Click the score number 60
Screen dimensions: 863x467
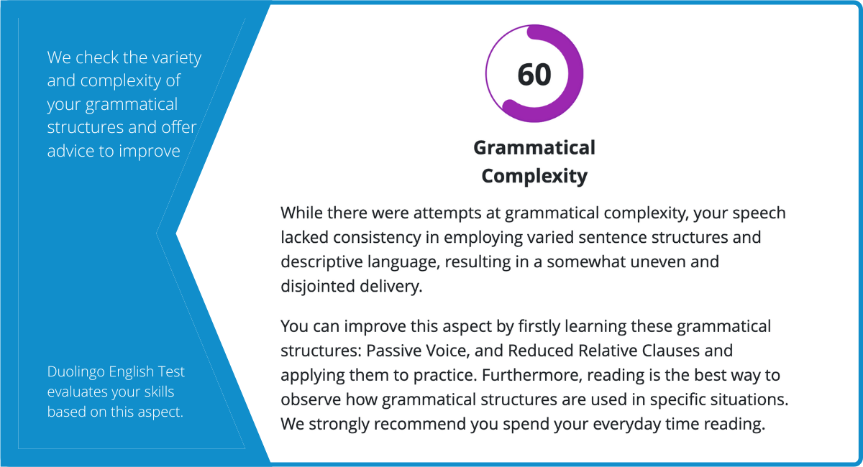pyautogui.click(x=534, y=74)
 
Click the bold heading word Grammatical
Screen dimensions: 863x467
pyautogui.click(x=534, y=148)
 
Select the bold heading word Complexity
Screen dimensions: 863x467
pyautogui.click(x=534, y=176)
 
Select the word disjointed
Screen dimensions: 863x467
pyautogui.click(x=317, y=287)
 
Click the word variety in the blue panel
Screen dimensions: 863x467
pyautogui.click(x=176, y=57)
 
